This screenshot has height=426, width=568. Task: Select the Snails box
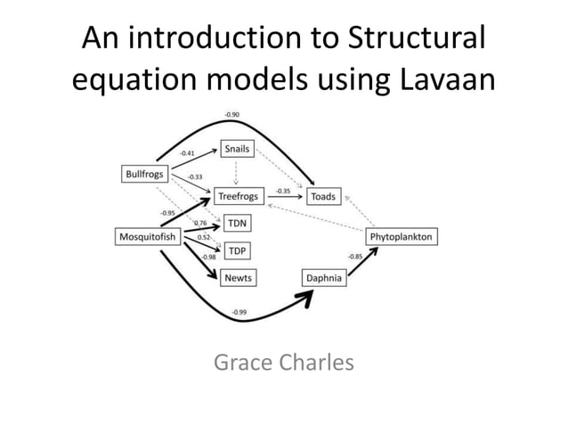tap(238, 149)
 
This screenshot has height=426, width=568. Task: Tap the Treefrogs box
tap(239, 196)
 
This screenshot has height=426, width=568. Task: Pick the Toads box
tap(323, 196)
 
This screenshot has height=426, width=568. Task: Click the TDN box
tap(236, 222)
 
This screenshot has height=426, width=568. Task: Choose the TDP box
tap(236, 250)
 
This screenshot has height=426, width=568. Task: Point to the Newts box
tap(238, 278)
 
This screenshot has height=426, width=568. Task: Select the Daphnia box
tap(324, 278)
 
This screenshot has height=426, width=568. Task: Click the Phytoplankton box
tap(401, 236)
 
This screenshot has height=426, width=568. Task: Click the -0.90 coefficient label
tap(231, 115)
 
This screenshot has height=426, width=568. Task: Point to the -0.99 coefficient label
tap(239, 313)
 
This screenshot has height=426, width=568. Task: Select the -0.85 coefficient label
tap(354, 257)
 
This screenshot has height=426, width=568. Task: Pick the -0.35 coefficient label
tap(282, 191)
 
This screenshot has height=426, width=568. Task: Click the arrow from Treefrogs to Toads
tap(285, 198)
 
